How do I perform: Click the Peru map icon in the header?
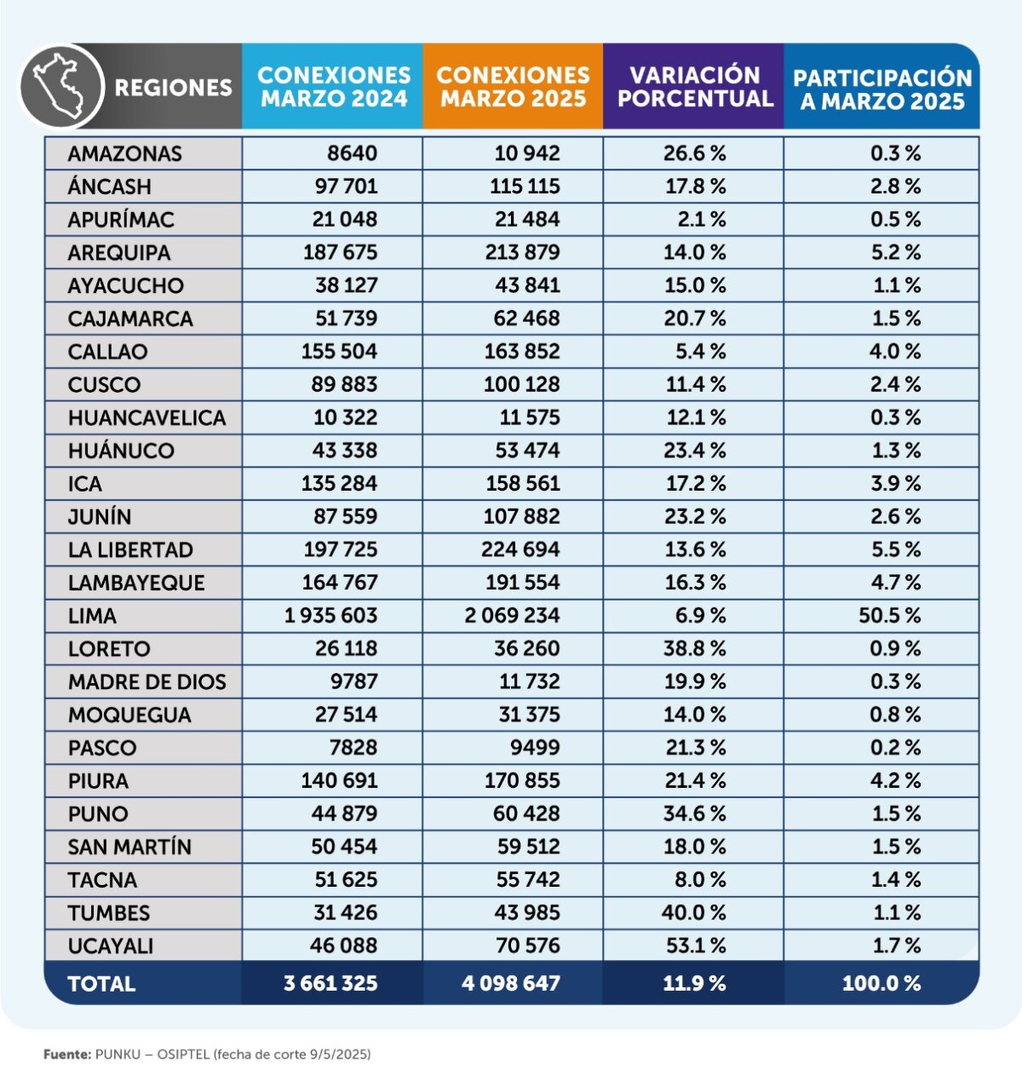60,86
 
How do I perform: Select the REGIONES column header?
173,88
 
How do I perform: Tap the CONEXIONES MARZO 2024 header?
334,87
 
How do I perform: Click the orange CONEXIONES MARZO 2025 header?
513,87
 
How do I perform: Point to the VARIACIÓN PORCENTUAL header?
695,87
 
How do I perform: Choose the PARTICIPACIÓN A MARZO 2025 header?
882,89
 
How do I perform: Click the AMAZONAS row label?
125,153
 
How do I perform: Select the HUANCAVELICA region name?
146,418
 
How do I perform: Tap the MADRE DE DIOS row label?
146,681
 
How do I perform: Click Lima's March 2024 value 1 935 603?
331,615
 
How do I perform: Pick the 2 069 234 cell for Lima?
512,615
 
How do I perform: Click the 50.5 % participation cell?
889,615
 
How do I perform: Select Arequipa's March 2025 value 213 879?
522,252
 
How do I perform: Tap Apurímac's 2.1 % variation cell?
702,220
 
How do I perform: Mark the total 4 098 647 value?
511,983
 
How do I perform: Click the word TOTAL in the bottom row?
101,984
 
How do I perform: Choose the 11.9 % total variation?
694,983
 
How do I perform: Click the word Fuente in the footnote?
66,1054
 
